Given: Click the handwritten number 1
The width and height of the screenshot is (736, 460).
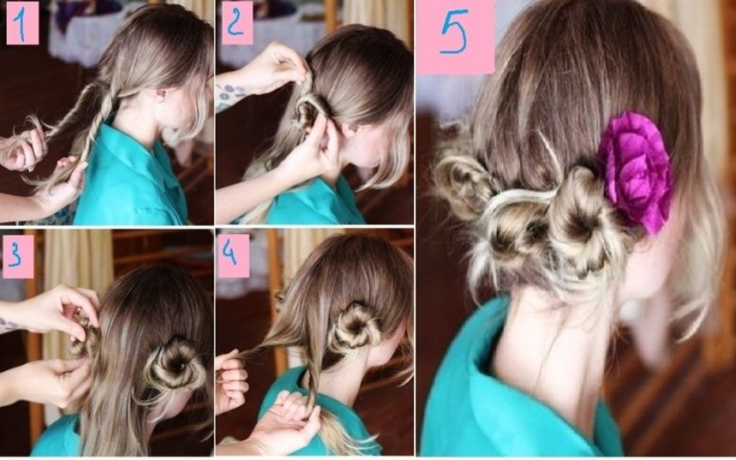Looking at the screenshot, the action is pos(21,23).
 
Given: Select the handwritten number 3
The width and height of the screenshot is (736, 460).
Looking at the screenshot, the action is pos(16,256).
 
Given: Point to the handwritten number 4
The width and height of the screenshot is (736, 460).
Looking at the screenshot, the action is pos(230,254).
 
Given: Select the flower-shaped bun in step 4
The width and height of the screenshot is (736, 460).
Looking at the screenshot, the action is pos(354,327).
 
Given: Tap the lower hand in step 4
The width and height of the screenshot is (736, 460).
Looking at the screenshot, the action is pos(282,420).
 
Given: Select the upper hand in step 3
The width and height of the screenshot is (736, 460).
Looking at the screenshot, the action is pos(57,311).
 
